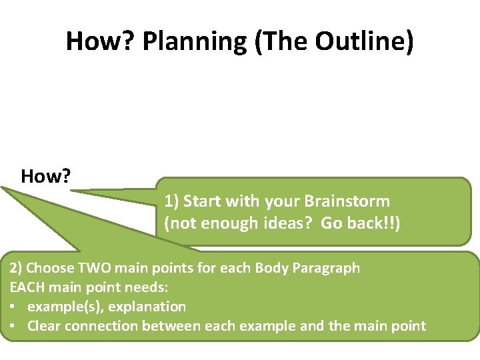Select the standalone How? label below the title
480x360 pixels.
click(x=47, y=177)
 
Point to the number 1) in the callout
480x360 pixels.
click(x=171, y=201)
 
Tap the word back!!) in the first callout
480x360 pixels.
click(x=377, y=224)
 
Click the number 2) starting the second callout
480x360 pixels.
click(x=16, y=268)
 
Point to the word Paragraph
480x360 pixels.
click(x=327, y=268)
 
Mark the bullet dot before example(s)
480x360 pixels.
click(x=14, y=307)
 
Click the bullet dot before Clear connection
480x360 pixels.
click(x=14, y=326)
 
